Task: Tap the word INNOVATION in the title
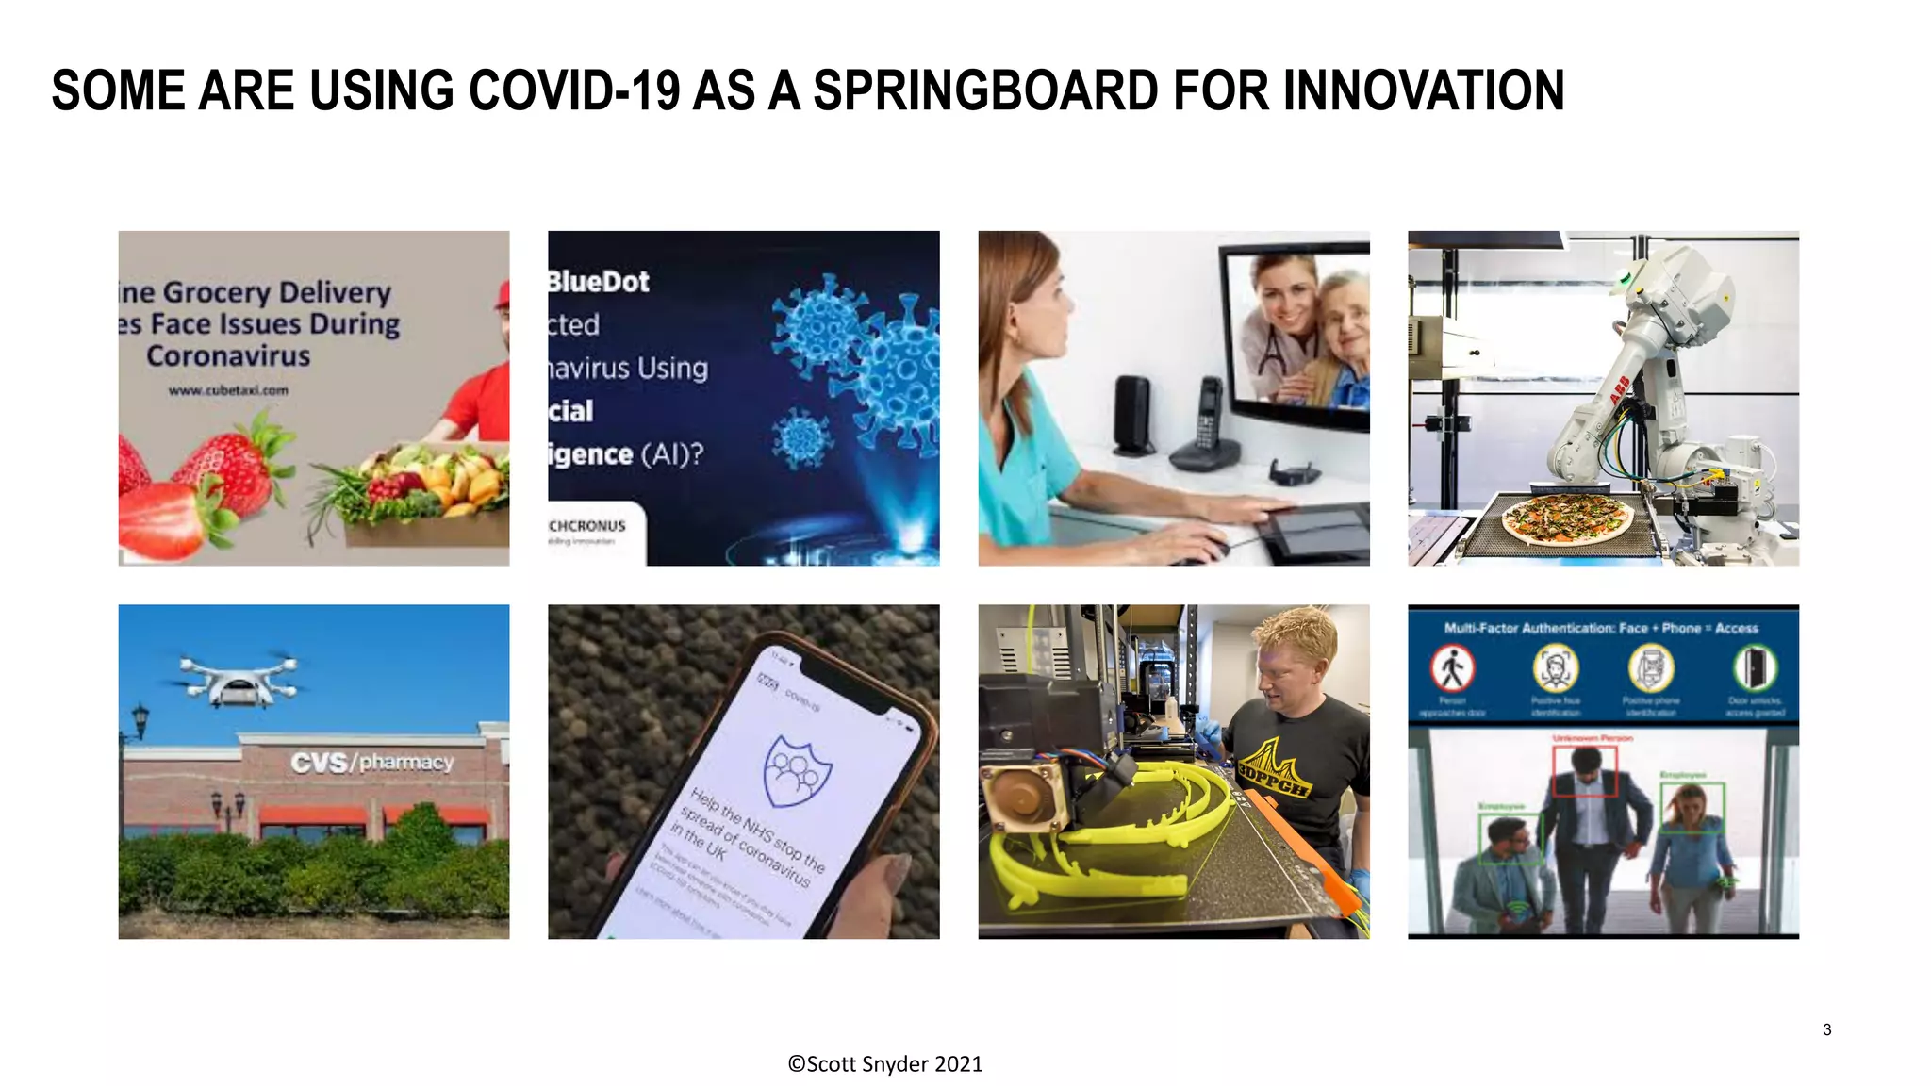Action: click(1423, 91)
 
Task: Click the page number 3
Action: click(1826, 1029)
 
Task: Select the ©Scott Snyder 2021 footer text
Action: click(884, 1064)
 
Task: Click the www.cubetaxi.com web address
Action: click(228, 390)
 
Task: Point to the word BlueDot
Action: click(600, 282)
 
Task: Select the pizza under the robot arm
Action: click(1567, 518)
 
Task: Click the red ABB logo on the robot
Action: click(1619, 389)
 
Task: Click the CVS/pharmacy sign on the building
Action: click(371, 762)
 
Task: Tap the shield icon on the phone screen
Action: click(798, 771)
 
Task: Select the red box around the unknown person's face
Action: click(1584, 770)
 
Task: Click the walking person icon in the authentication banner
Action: click(1452, 668)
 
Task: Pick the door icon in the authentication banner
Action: click(1754, 668)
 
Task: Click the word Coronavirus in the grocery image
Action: click(228, 356)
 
